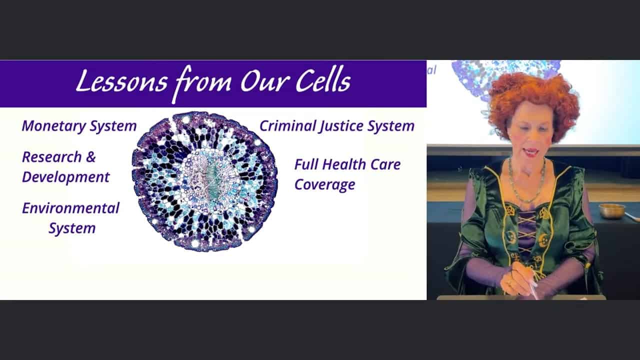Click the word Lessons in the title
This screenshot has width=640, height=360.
click(122, 81)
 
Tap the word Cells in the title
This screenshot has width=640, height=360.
click(323, 80)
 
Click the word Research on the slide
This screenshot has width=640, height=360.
click(51, 157)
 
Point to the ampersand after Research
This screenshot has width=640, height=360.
click(90, 157)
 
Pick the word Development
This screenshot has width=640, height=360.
click(65, 177)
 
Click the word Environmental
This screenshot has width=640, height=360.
click(70, 208)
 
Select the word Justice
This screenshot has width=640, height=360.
click(341, 126)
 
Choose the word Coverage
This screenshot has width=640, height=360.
click(325, 185)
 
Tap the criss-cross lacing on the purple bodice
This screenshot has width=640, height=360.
click(526, 231)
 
